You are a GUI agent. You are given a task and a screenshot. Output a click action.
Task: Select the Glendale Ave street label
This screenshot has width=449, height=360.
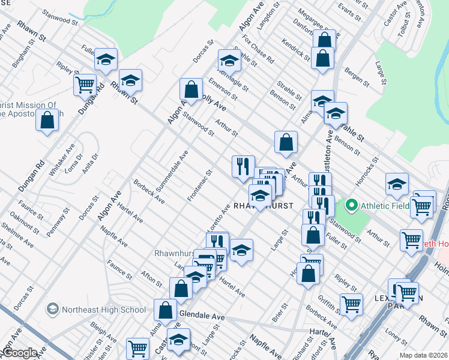(x=201, y=316)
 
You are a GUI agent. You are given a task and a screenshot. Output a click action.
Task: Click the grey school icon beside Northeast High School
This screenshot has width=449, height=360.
(x=53, y=310)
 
